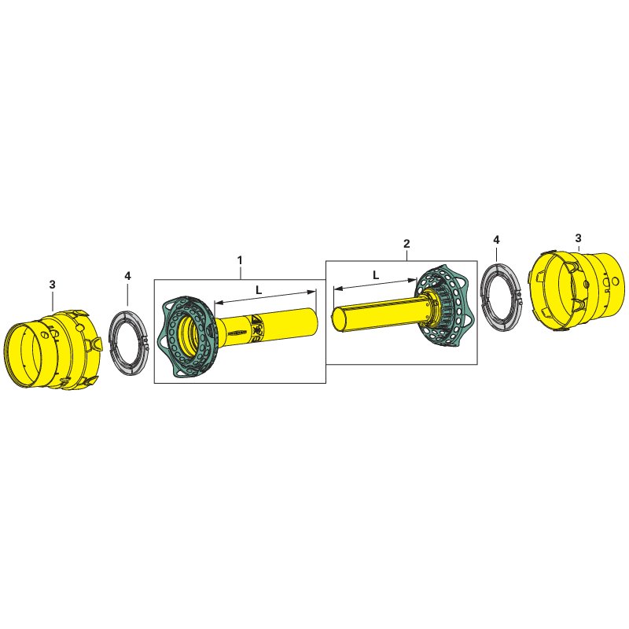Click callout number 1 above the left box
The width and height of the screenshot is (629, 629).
coord(240,260)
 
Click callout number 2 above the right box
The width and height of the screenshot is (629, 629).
coord(406,244)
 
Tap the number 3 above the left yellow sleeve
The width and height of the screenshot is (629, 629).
coord(52,285)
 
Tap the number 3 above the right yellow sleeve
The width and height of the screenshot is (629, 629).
coord(578,238)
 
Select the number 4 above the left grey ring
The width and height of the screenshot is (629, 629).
coord(127,276)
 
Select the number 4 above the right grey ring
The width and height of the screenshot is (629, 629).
coord(496,240)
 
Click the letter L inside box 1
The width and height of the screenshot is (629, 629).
coord(259,290)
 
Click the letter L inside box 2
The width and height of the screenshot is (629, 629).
coord(376,275)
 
